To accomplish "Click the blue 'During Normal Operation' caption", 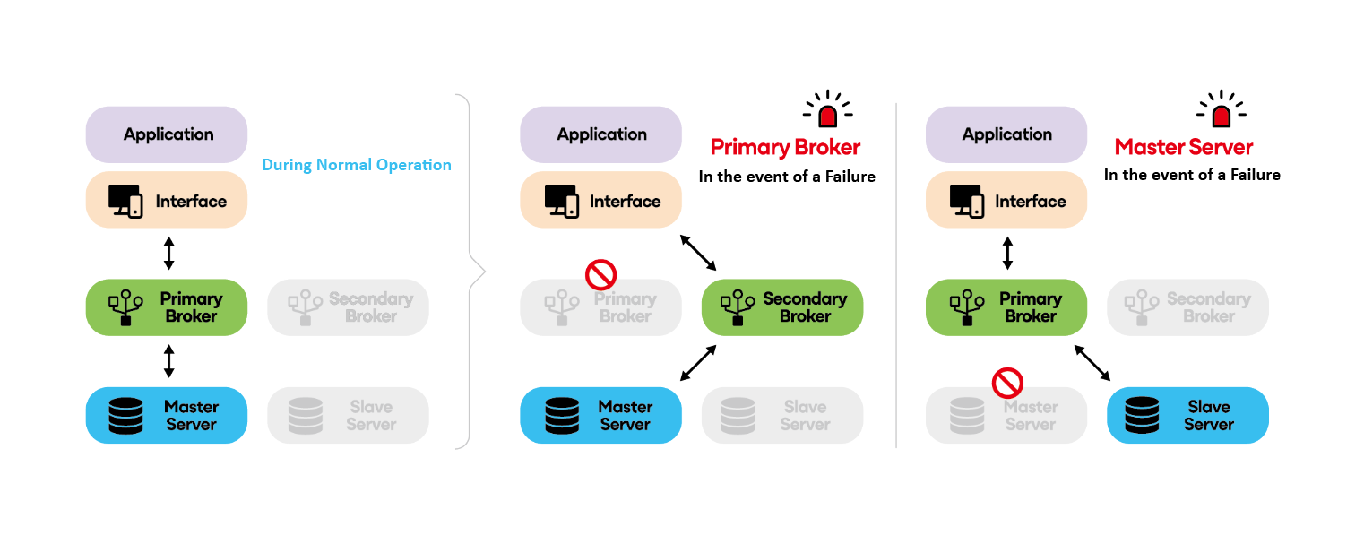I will pyautogui.click(x=356, y=165).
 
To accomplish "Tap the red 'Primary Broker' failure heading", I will pyautogui.click(x=785, y=147).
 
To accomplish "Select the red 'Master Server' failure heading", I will pyautogui.click(x=1183, y=147).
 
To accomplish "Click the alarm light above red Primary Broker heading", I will pyautogui.click(x=827, y=110).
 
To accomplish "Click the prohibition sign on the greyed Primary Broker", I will pyautogui.click(x=600, y=274).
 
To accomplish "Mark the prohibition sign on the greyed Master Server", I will pyautogui.click(x=1007, y=383).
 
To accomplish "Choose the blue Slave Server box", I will pyautogui.click(x=1187, y=415).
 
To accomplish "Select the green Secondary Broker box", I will pyautogui.click(x=781, y=307).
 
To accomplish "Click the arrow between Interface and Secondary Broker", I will pyautogui.click(x=698, y=252).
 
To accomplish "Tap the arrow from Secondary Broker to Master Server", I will pyautogui.click(x=698, y=363).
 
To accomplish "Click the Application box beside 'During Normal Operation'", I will pyautogui.click(x=166, y=134).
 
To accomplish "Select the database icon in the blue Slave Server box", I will pyautogui.click(x=1142, y=415).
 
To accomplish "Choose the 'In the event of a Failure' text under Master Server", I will pyautogui.click(x=1191, y=175).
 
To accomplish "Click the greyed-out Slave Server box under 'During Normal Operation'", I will pyautogui.click(x=348, y=415).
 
